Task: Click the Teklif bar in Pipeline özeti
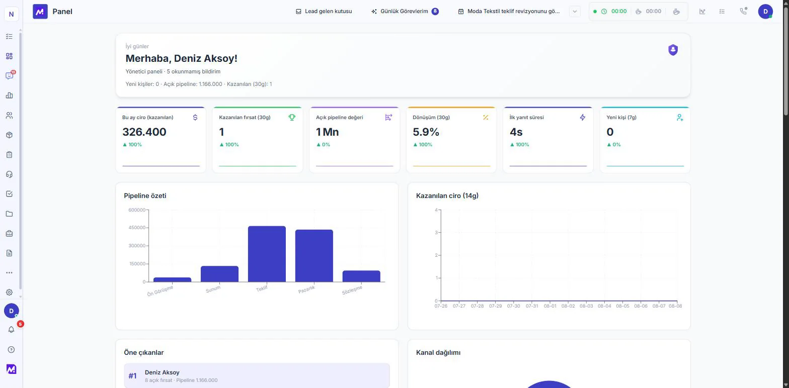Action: coord(267,254)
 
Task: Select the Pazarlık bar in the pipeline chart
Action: coord(314,255)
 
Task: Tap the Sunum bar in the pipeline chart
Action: coord(219,274)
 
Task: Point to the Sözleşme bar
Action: coord(361,276)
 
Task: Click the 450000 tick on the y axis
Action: coord(137,228)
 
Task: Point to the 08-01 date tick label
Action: coord(550,306)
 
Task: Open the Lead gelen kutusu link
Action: coord(324,11)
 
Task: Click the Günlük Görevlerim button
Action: coord(405,11)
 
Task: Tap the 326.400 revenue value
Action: coord(144,132)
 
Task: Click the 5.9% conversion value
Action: coord(426,132)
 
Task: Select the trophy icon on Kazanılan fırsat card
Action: coord(292,117)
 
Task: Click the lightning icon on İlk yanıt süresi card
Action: coord(583,117)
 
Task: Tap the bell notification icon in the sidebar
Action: coord(11,330)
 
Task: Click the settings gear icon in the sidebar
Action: coord(10,293)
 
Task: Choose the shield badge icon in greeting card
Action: coord(673,50)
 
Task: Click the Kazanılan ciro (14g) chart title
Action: coord(447,196)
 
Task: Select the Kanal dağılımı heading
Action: coord(438,352)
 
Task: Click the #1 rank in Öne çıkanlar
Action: coord(132,376)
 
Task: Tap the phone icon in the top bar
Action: coord(743,11)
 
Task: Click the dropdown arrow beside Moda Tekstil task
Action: coord(575,11)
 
